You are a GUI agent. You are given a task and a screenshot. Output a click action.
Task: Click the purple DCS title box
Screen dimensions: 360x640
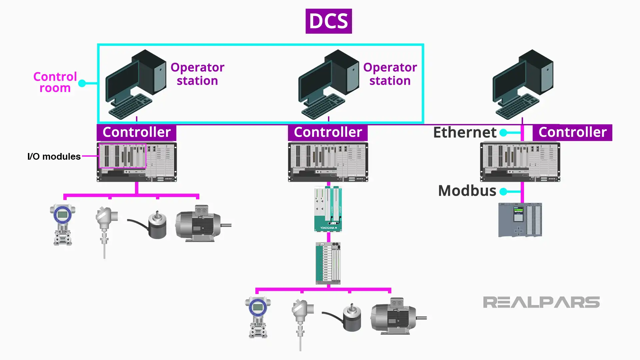coord(328,21)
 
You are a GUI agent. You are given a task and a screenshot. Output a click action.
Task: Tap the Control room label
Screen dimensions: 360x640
coord(55,82)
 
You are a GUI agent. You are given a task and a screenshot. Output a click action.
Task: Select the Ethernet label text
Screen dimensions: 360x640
coord(465,132)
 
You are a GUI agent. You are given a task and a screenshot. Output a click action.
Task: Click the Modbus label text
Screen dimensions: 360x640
coord(467,191)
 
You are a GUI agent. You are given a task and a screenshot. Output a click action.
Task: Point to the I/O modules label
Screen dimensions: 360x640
coord(54,156)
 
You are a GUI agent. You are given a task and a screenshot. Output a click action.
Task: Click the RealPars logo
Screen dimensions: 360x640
coord(541,302)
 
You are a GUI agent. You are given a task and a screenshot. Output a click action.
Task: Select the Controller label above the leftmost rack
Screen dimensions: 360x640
coord(136,132)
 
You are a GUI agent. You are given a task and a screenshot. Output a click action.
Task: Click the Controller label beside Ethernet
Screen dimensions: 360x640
coord(572,132)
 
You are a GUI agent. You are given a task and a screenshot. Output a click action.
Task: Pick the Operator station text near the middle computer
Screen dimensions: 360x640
coord(390,74)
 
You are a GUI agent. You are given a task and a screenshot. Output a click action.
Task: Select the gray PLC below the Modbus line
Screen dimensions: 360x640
coord(520,220)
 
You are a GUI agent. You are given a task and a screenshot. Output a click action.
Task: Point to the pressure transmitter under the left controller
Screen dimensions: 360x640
coord(62,224)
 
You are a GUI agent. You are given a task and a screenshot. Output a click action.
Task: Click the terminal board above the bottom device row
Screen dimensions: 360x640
coord(328,263)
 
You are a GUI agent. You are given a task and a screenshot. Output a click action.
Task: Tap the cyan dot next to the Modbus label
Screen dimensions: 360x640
coord(503,191)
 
